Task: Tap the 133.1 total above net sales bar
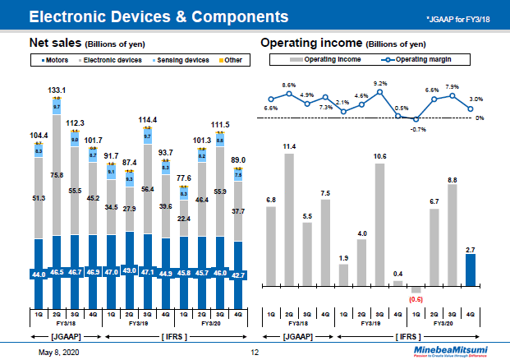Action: point(57,90)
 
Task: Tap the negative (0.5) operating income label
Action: point(416,300)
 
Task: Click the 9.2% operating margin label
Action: point(380,83)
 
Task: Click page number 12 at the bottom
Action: point(255,351)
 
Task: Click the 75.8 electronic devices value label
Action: point(57,175)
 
